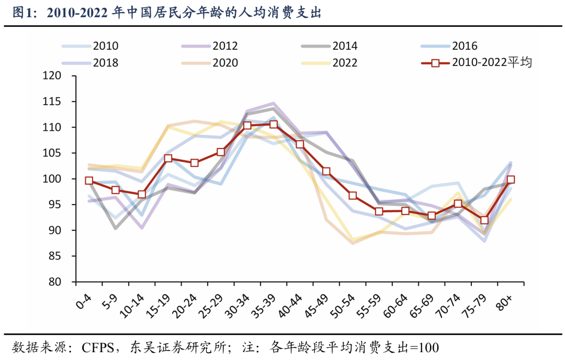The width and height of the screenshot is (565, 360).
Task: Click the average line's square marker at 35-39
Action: click(274, 125)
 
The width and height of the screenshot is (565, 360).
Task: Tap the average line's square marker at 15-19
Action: click(168, 159)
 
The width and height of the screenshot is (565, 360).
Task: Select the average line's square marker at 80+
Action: click(511, 179)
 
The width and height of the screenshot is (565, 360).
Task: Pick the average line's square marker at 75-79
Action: click(484, 220)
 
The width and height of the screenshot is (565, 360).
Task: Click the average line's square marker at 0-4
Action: click(89, 181)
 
